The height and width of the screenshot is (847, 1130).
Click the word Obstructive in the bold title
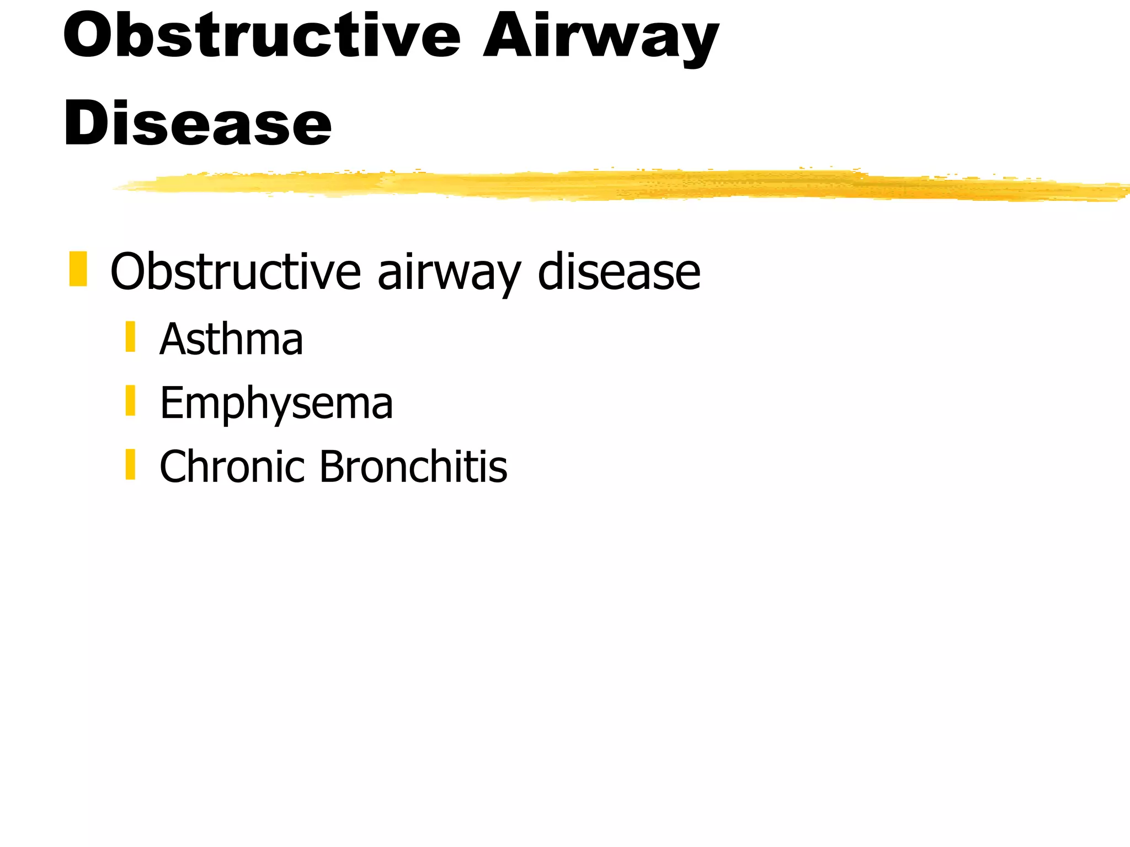tap(262, 36)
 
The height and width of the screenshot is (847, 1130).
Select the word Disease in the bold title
tap(198, 124)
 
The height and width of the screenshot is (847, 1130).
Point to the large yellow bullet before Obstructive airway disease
tap(78, 269)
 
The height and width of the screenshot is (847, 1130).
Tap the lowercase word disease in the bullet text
tap(619, 271)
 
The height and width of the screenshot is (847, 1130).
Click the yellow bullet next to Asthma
tap(130, 336)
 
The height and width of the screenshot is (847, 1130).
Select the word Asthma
tap(231, 339)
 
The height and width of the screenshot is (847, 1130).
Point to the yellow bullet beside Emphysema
tap(130, 400)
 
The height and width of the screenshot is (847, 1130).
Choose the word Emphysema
tap(276, 404)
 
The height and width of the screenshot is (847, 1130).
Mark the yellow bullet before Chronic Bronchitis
tap(130, 464)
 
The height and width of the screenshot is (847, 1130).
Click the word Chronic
tap(232, 467)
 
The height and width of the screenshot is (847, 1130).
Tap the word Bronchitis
tap(413, 467)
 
